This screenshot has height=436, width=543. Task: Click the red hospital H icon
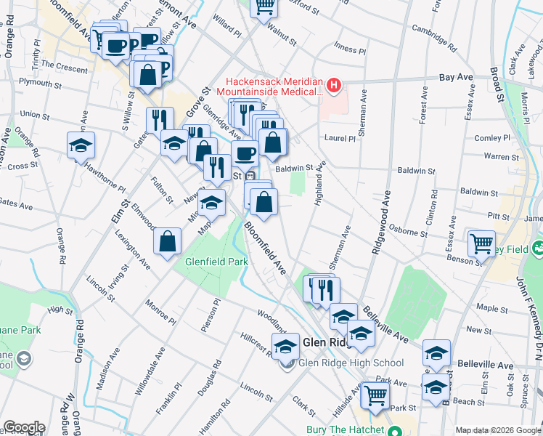[x=333, y=86]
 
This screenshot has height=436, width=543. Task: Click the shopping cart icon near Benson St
[x=481, y=245]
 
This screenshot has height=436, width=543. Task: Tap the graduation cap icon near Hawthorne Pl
[x=81, y=146]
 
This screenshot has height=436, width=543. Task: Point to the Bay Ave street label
[x=456, y=76]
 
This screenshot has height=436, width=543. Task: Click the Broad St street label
[x=497, y=84]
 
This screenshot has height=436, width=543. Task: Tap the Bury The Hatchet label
[x=346, y=429]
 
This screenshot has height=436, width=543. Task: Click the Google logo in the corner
[x=24, y=427]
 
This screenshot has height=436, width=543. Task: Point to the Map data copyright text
[x=497, y=430]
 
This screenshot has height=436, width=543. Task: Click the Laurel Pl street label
[x=339, y=137]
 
